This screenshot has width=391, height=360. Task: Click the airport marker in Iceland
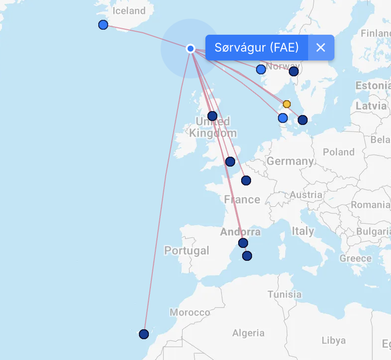point(103,25)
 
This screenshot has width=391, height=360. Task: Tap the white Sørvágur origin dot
point(190,48)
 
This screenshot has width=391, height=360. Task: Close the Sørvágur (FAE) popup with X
point(321,48)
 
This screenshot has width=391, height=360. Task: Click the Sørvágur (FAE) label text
point(257,48)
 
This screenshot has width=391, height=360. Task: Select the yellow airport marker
point(286,104)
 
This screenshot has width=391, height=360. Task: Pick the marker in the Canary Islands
point(144,334)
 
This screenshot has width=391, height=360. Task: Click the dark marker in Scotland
point(212,116)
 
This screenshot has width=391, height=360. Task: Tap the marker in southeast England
point(230,162)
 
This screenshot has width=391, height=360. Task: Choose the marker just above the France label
point(246,180)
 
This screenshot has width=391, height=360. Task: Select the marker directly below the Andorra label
point(243,243)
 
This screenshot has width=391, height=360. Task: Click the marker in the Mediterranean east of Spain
point(247,256)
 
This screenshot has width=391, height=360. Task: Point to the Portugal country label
point(187,251)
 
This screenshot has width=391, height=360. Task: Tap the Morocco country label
point(190,312)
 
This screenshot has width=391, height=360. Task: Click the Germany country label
point(290,161)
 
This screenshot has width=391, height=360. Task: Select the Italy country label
point(303,231)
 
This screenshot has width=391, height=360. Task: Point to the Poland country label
point(339,152)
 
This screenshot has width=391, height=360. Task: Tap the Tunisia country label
point(284,294)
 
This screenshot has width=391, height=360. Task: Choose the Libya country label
point(333,341)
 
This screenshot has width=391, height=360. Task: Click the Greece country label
point(355,258)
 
